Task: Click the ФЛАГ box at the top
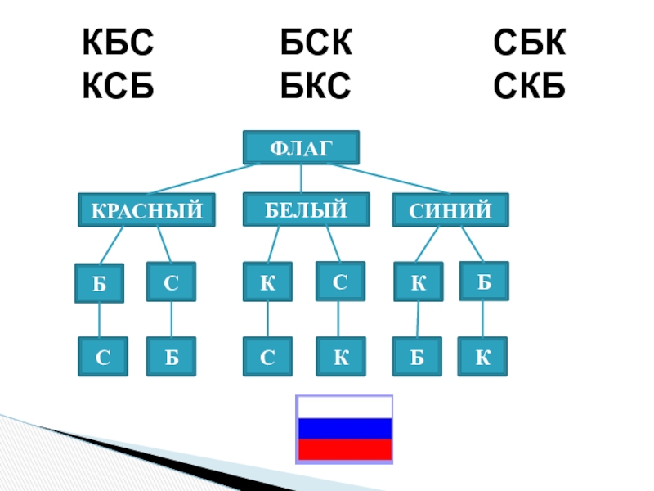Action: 301,147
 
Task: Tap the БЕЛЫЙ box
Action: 306,209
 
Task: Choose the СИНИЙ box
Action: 450,210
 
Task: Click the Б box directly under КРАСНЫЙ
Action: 99,283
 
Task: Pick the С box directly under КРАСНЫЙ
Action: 171,282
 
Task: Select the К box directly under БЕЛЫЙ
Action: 267,282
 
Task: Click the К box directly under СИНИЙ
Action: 418,282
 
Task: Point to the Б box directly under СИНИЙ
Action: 484,281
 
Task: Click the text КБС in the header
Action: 118,43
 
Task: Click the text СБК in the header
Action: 530,43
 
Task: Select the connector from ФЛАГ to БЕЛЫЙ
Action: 302,178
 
